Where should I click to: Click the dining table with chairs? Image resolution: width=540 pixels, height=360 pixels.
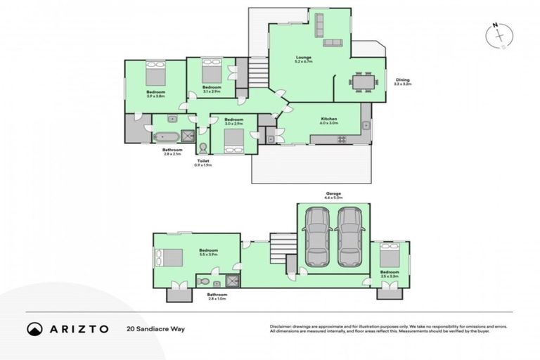[364, 82]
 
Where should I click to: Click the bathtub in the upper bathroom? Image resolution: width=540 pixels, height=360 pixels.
[167, 136]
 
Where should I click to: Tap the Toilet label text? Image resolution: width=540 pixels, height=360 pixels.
[203, 161]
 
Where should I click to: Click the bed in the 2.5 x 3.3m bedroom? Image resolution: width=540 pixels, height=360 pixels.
[389, 254]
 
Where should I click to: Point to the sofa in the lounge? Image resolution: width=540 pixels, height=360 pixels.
[332, 43]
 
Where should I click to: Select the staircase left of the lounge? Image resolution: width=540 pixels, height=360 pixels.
[258, 71]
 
